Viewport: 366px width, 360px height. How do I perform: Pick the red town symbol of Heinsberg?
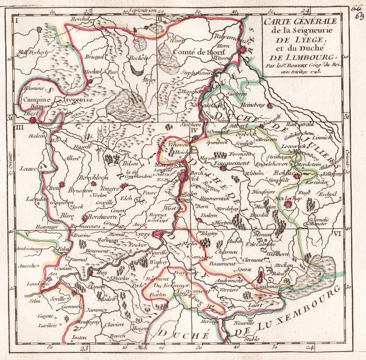pyautogui.click(x=270, y=106)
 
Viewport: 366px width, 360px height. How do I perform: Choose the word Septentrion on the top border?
pyautogui.click(x=143, y=10)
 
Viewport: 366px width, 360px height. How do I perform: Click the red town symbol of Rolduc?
pyautogui.click(x=296, y=176)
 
